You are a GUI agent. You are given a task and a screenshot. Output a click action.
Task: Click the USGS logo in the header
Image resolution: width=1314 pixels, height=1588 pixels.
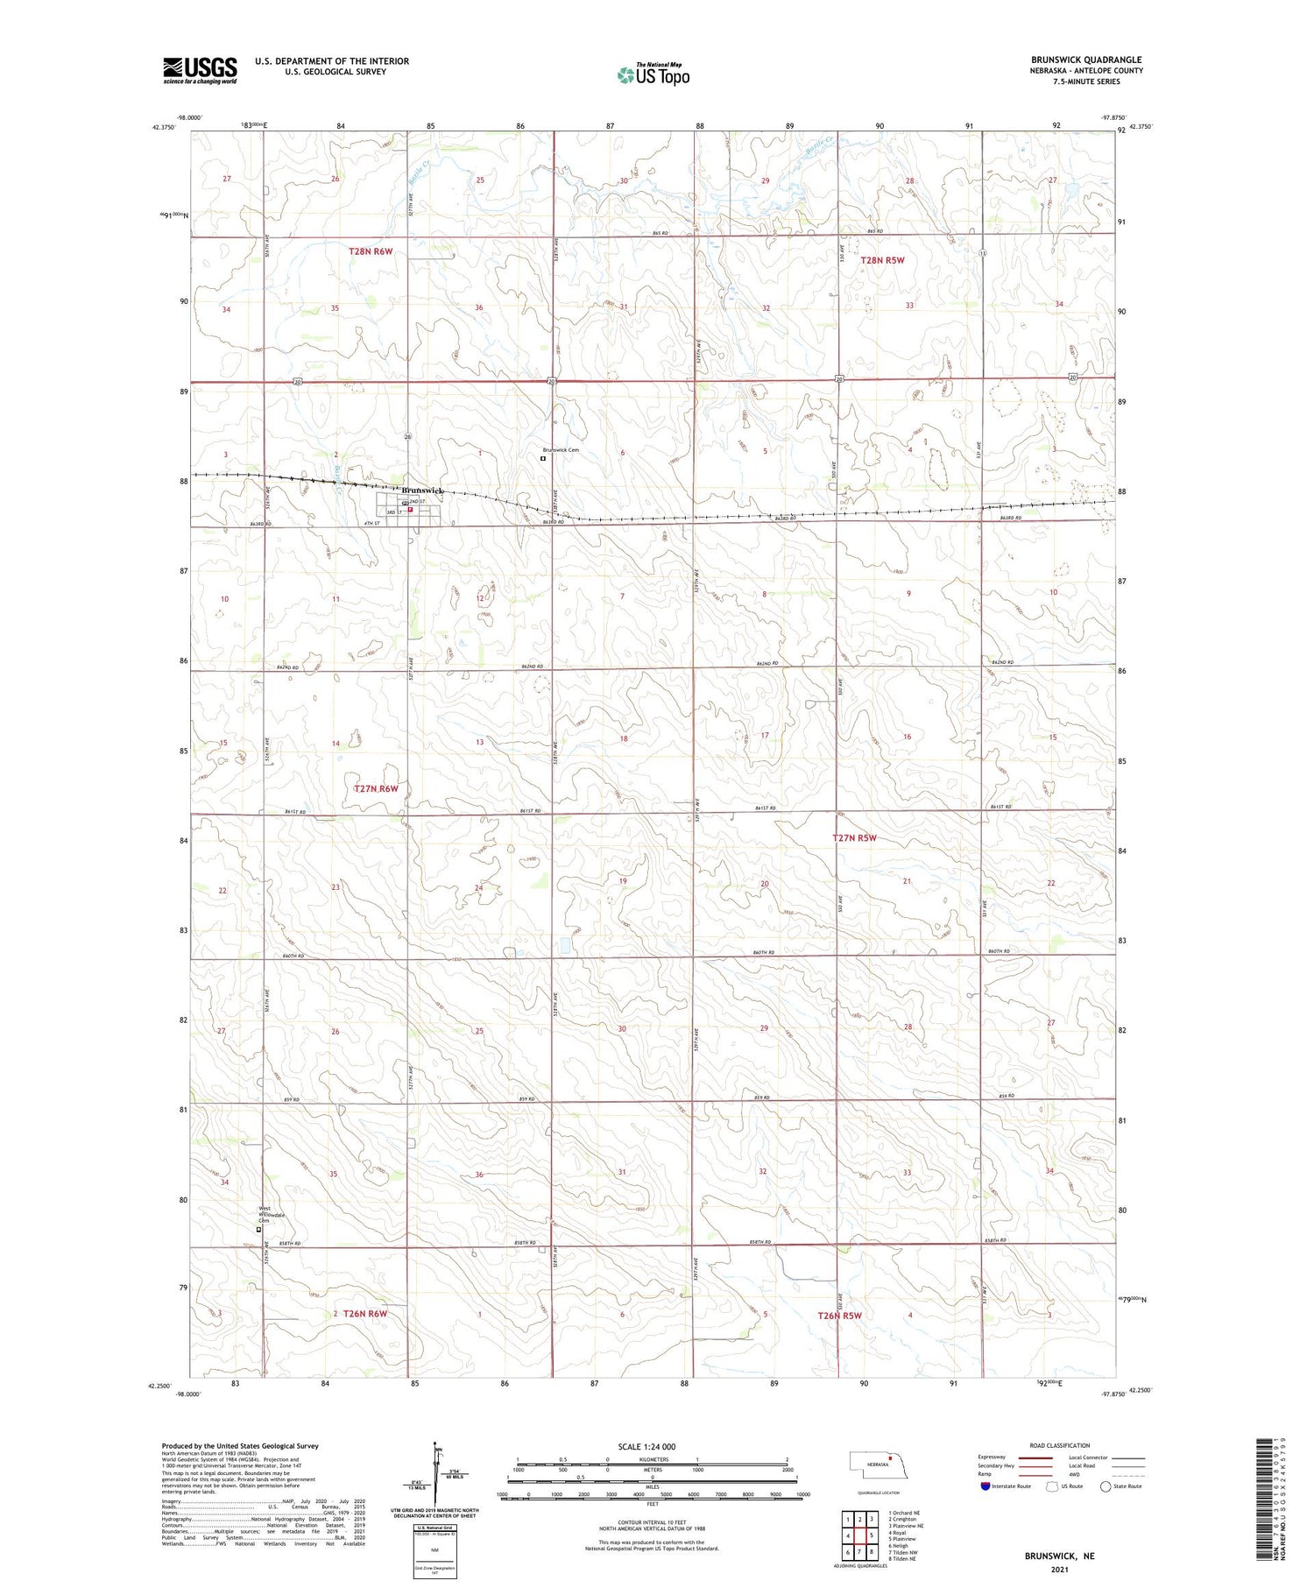point(200,70)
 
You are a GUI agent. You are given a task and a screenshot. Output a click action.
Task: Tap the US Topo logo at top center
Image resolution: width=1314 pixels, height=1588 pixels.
point(653,75)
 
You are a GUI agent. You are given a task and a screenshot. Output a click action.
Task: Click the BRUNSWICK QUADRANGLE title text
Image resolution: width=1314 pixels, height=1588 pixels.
point(1086,60)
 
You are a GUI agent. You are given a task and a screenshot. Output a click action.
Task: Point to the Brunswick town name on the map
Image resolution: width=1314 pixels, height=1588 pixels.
point(422,491)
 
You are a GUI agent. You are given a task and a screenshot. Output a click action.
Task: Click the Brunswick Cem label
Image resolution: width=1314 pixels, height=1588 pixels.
point(561,450)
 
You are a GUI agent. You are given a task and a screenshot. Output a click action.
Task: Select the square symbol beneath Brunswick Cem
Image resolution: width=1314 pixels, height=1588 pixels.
point(543,458)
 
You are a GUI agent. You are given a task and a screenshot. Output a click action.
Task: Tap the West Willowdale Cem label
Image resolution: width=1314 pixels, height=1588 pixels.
point(269,1215)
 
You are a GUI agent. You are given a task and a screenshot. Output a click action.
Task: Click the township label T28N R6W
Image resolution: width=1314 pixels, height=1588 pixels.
point(371,251)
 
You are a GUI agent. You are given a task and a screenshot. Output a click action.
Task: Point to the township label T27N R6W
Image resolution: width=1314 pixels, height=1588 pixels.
point(376,788)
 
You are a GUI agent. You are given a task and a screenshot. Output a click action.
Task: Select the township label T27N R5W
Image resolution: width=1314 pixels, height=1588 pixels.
point(854,838)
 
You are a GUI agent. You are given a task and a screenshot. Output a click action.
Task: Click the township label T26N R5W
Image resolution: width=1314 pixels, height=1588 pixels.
point(839,1316)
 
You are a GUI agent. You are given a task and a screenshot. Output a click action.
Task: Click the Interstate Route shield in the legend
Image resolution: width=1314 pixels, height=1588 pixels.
point(986,1486)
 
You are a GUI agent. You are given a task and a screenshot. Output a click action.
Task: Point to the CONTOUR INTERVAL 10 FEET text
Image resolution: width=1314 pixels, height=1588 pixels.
point(653,1523)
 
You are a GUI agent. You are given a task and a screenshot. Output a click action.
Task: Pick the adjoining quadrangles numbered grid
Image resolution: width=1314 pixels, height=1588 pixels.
point(859,1535)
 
